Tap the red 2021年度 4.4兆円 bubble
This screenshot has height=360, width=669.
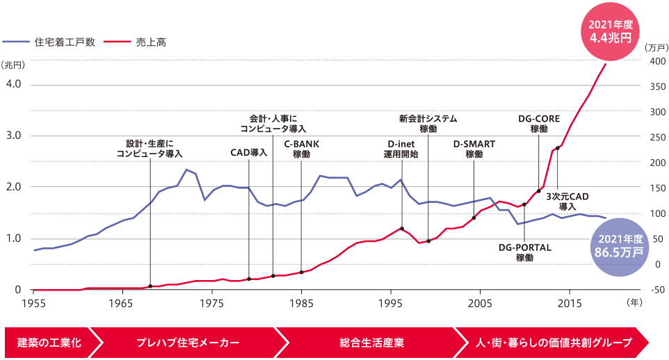tap(610, 33)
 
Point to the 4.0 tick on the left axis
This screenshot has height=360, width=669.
tap(14, 84)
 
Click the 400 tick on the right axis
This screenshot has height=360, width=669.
tap(657, 61)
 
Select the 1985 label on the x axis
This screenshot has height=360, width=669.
tap(301, 304)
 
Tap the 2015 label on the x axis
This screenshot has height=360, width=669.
tap(569, 304)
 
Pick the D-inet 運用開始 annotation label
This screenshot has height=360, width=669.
tap(401, 149)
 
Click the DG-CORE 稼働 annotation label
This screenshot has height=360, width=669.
tap(538, 123)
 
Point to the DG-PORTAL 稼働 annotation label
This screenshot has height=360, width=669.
tap(524, 252)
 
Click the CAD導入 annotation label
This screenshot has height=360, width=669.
tap(249, 152)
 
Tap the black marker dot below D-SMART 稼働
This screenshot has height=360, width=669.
tap(474, 218)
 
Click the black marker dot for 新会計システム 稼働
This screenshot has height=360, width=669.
tap(428, 240)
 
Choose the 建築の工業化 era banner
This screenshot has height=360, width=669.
tap(49, 343)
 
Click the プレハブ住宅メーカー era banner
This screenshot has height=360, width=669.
tap(188, 343)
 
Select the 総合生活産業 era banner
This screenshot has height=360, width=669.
tap(372, 343)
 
